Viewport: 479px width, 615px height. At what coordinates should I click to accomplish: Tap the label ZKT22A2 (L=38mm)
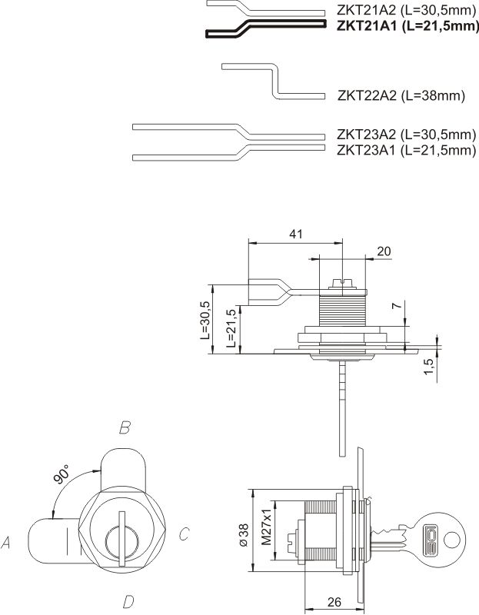402,95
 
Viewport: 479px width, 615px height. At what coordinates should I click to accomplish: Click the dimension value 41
295,234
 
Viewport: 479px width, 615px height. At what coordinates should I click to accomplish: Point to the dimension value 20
384,251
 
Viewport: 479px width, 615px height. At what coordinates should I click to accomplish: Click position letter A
6,544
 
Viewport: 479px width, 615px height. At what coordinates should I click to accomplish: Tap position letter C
185,534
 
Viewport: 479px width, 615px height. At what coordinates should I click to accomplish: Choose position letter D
128,600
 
